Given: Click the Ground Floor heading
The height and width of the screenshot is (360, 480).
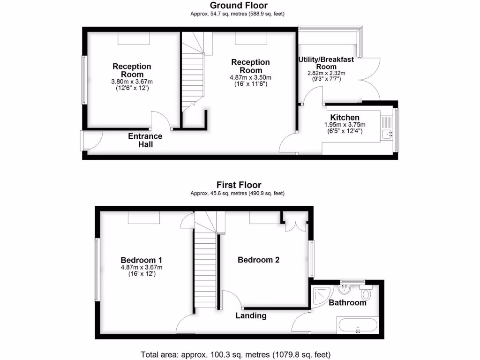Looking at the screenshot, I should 239,6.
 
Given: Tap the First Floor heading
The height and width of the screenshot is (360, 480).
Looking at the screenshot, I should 239,185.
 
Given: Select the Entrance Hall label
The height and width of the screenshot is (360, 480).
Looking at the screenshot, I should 145,140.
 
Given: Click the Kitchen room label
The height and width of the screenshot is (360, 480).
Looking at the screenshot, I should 345,117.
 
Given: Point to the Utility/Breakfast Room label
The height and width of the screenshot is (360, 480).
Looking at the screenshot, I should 326,63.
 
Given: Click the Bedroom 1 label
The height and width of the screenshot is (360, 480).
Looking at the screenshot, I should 142,260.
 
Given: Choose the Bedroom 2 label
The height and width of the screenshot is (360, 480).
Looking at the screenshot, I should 259,260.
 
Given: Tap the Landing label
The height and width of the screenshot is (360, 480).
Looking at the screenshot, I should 251,315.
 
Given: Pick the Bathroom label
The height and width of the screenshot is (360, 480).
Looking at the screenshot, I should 347,302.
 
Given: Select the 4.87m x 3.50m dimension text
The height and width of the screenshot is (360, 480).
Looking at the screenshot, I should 250,78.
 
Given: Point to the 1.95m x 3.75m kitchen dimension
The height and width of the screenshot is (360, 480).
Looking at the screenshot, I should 345,125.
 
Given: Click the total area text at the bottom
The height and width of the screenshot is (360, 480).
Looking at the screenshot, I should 239,354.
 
